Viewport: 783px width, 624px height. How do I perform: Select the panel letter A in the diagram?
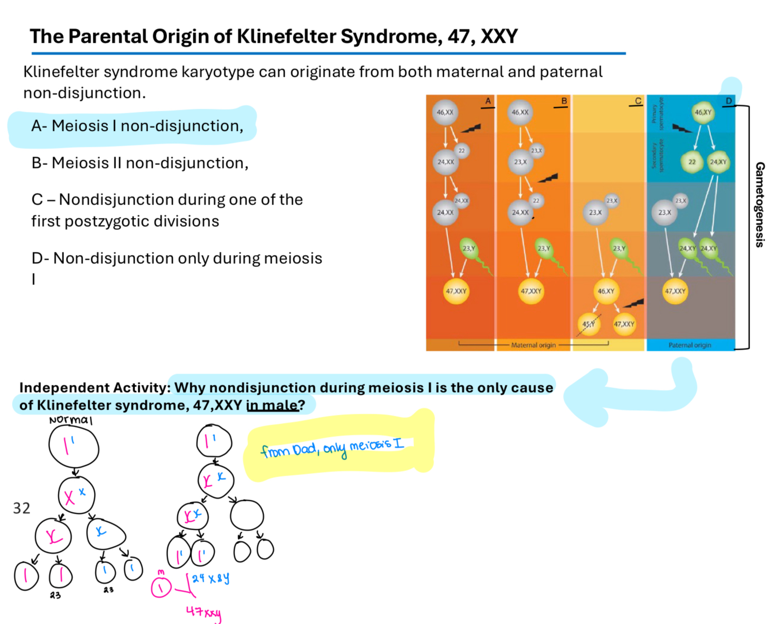click(488, 101)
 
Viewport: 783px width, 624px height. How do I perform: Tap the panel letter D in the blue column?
click(728, 101)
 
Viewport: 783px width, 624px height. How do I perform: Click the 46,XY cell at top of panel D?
click(703, 112)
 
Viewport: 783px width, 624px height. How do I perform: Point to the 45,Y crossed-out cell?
click(588, 324)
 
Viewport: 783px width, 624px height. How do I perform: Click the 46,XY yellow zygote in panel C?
click(606, 291)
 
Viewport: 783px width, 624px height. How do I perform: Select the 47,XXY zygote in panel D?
click(675, 291)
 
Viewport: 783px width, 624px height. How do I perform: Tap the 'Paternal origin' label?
click(690, 345)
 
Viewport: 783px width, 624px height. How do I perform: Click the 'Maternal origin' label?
click(533, 345)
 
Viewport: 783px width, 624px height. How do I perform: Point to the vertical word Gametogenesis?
click(759, 205)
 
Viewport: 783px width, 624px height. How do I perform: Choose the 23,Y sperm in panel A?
click(469, 248)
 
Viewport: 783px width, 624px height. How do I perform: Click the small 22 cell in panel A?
click(461, 151)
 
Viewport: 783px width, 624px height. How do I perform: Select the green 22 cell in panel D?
click(692, 162)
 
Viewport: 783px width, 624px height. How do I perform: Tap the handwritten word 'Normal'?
click(71, 420)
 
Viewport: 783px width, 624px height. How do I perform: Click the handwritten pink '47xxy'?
click(204, 612)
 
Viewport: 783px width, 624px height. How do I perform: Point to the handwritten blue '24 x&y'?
click(210, 578)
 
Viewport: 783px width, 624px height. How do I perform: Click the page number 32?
click(22, 509)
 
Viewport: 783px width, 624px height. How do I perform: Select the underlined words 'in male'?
click(272, 406)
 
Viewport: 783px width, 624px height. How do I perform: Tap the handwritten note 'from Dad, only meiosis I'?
click(332, 448)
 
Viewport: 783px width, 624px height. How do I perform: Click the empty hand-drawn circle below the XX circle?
click(247, 515)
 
